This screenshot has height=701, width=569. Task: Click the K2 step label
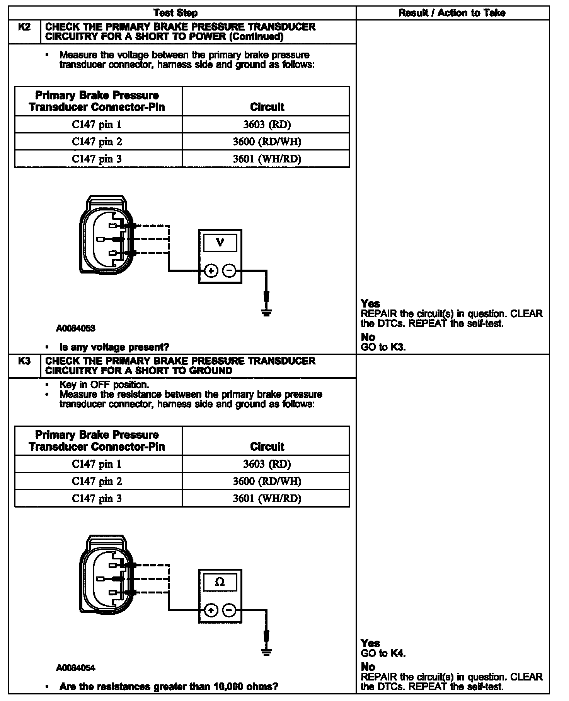coord(24,27)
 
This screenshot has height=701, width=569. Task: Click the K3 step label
coord(24,361)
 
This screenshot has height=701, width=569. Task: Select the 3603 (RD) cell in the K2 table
coord(267,125)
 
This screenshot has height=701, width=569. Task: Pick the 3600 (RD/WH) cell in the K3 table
coord(267,481)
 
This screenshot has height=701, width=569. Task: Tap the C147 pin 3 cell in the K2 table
coord(97,159)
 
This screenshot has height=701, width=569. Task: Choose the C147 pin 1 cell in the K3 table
coord(97,464)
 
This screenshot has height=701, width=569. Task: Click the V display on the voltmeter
coord(220,243)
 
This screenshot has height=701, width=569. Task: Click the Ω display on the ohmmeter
coord(220,582)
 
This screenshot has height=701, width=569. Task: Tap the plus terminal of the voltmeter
coord(211,271)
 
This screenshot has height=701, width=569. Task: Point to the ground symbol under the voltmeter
coord(266,311)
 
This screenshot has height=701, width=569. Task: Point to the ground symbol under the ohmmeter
coord(266,651)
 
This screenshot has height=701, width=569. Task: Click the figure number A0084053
coord(76,328)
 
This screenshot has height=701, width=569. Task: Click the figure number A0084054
coord(76,668)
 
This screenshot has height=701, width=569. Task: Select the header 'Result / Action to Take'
coord(452,13)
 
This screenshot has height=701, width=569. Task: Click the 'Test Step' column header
coord(175,13)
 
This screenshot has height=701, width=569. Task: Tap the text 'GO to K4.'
coord(383,653)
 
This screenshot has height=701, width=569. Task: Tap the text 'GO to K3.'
coord(383,347)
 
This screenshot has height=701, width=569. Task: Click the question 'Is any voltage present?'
coord(114,347)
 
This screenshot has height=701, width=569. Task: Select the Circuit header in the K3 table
coord(267,446)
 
